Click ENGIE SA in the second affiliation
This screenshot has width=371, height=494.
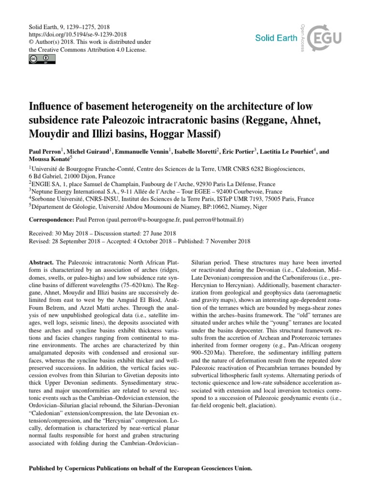click(45, 183)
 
